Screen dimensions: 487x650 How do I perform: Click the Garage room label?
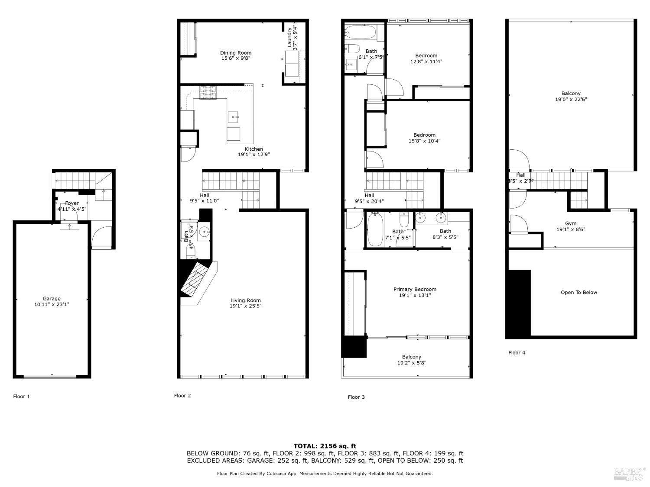pos(52,299)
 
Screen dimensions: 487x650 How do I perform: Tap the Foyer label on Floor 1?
pos(72,203)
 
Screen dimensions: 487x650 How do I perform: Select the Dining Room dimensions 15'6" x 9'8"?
pos(236,58)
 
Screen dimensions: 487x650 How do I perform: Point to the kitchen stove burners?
pos(208,93)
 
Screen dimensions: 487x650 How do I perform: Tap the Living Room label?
pos(245,300)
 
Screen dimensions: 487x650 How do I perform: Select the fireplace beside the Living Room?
pos(197,279)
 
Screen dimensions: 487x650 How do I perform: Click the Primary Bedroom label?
pos(415,289)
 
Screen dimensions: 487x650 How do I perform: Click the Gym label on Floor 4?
pos(571,223)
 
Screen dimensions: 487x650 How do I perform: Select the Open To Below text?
pos(578,293)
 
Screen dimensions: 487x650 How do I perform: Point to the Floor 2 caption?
pos(182,396)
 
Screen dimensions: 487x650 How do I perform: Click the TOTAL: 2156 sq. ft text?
pos(325,446)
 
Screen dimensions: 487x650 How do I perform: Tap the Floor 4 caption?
pos(517,353)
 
